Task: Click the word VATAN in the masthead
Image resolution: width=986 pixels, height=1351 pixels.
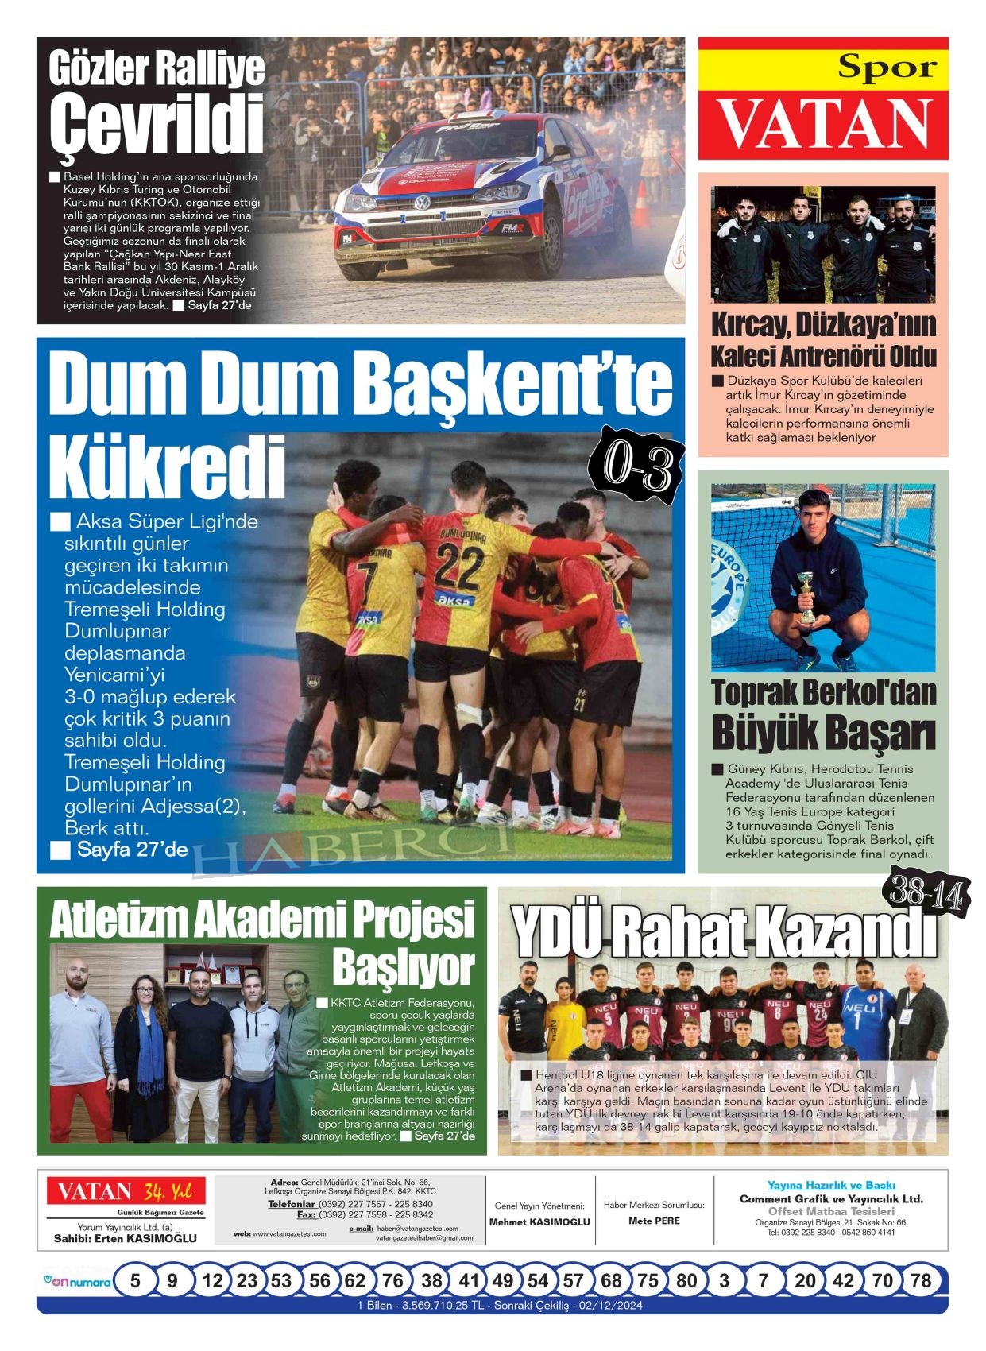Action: coord(824,126)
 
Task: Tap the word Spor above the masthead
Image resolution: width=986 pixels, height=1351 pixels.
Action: coord(887,68)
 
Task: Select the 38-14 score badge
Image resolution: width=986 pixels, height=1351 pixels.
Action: coord(926,895)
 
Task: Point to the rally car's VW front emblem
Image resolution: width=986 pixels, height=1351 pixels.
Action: coord(422,203)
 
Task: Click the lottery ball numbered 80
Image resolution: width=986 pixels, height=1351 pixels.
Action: coord(686,1280)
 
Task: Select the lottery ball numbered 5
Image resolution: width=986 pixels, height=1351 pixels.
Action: coord(135,1280)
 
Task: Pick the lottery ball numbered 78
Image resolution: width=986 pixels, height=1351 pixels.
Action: coord(920,1280)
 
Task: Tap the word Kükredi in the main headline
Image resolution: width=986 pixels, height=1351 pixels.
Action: coord(167,470)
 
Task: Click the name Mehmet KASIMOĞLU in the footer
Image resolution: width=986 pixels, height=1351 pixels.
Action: coord(539,1221)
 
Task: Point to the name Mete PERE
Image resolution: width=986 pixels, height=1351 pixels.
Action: coord(654,1221)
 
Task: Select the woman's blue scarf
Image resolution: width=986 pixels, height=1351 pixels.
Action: coord(150,1041)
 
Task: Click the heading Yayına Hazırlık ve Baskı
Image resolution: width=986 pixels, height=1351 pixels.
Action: coord(831,1185)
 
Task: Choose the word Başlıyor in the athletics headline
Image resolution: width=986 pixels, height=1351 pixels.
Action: coord(403,966)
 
